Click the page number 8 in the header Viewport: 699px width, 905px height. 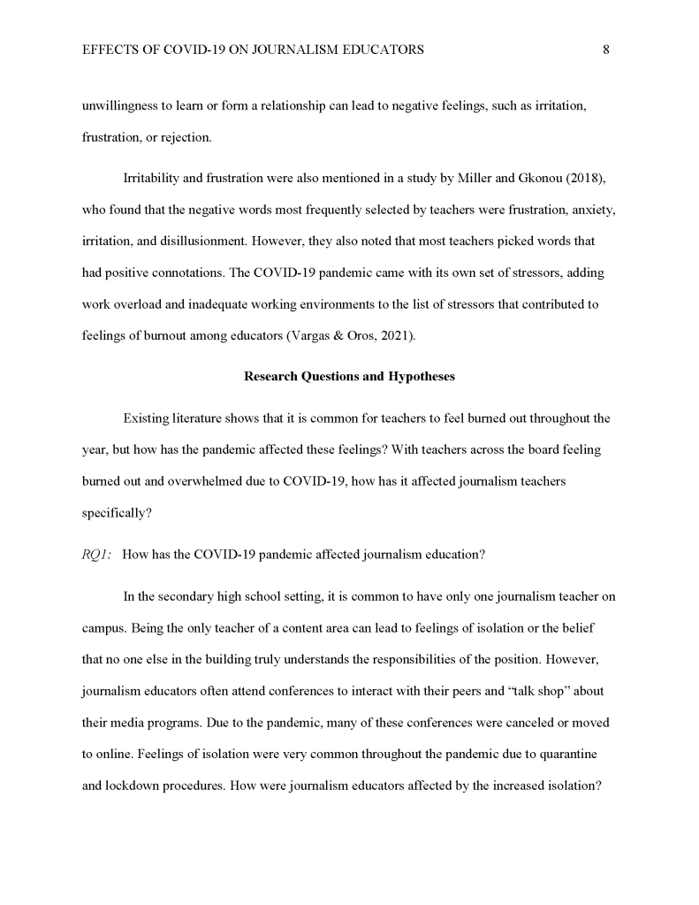pos(605,50)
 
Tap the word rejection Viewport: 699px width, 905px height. pos(184,139)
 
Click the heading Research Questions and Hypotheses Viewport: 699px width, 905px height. pos(349,376)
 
